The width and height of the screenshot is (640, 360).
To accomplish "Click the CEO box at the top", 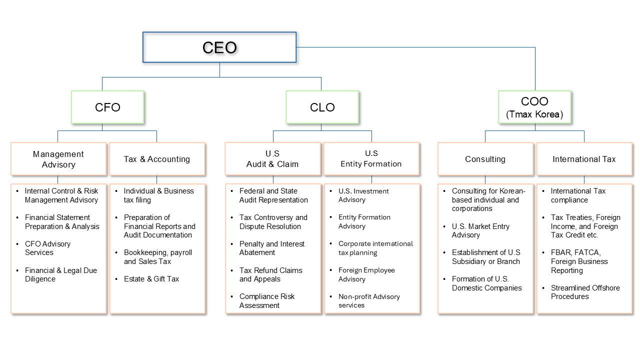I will (219, 47).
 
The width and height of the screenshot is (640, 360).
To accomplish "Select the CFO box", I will (107, 107).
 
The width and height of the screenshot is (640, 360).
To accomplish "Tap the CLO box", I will (322, 107).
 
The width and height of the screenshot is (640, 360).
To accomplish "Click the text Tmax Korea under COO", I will (534, 114).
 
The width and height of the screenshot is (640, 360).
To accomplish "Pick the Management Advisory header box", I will (58, 159).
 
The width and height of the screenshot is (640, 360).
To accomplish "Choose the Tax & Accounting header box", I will (157, 159).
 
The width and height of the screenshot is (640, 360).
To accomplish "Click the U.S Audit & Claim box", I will (272, 159).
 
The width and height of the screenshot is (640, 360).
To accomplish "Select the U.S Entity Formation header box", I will (371, 159).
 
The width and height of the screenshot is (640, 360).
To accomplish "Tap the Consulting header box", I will (485, 159).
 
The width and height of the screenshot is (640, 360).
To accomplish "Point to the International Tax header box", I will (584, 159).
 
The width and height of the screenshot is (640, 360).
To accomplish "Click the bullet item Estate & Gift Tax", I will (151, 279).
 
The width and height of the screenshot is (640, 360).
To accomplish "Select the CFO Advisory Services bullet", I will (48, 248).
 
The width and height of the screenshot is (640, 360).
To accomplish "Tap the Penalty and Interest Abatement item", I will (272, 248).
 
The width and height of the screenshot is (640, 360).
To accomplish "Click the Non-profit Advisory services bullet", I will (369, 301).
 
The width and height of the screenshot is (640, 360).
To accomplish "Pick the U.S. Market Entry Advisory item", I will (480, 230).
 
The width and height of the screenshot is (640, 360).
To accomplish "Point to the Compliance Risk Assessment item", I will (267, 301).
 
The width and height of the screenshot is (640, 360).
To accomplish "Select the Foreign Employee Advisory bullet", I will (366, 274).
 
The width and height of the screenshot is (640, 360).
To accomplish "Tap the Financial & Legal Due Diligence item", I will (61, 274).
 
